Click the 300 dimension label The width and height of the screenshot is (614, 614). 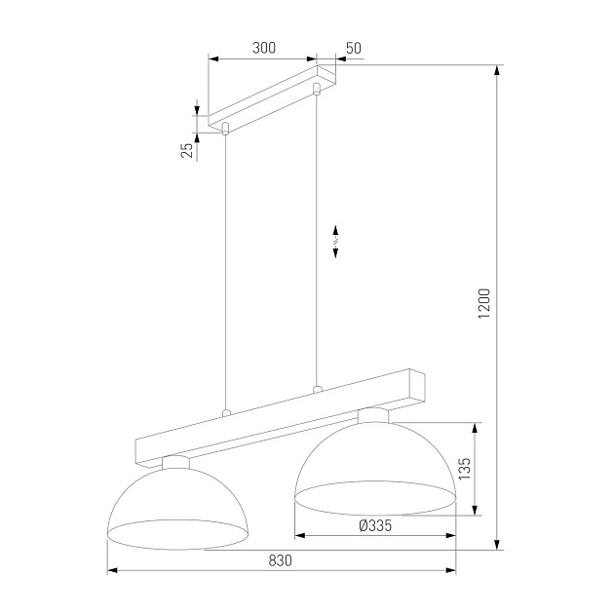point(263,48)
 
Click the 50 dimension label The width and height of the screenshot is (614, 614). point(353,48)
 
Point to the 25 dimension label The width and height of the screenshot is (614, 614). point(185,149)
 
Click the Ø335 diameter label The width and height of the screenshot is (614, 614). point(375,525)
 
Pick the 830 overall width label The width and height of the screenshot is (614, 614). point(280,559)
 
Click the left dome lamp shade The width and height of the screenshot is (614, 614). point(176,507)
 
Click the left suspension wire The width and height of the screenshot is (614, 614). point(226,273)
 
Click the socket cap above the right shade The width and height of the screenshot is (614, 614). point(372,416)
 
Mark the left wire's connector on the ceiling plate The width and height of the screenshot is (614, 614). point(226,128)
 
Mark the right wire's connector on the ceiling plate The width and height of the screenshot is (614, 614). point(316,91)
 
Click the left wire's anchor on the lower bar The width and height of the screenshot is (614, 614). point(226,412)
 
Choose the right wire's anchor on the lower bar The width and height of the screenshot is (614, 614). point(316,389)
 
